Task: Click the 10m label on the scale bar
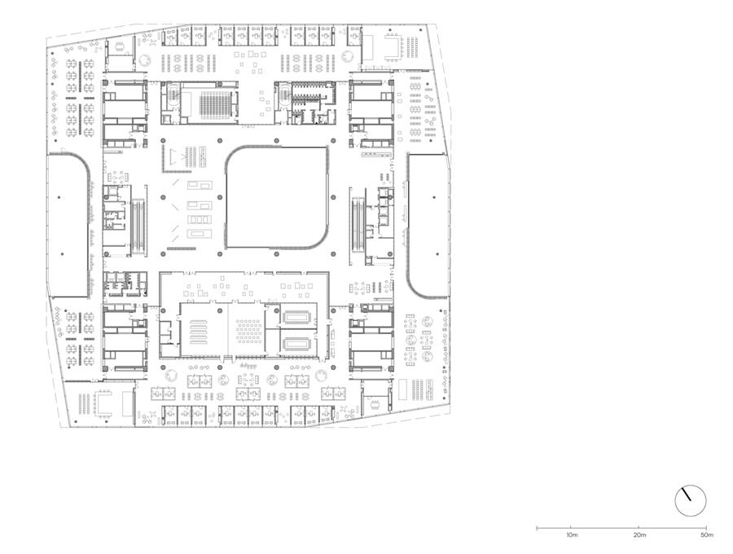click(572, 534)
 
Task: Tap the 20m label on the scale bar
click(639, 534)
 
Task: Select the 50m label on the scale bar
click(707, 534)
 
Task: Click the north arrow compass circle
click(691, 501)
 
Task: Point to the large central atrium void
click(276, 197)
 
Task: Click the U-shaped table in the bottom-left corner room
click(103, 402)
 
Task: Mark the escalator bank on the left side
click(138, 226)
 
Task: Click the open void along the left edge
click(68, 226)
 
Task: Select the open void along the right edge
click(428, 226)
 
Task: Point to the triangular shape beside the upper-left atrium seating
click(175, 156)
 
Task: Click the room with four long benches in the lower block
click(199, 330)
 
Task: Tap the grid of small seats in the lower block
click(248, 330)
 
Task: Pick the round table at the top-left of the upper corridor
click(146, 59)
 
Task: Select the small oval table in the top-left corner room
click(121, 46)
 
